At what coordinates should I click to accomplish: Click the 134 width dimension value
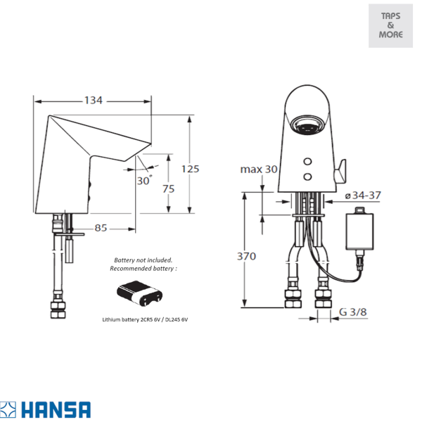click(94, 101)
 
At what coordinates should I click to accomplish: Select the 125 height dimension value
click(191, 169)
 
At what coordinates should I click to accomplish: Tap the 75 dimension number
click(169, 188)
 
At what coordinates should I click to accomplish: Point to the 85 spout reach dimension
click(101, 228)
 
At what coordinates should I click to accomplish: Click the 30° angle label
click(144, 180)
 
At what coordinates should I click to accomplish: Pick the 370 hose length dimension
click(246, 256)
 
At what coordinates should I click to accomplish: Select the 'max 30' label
click(259, 170)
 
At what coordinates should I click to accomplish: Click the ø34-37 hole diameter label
click(363, 196)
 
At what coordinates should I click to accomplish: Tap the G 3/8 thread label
click(353, 312)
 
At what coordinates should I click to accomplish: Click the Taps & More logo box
click(390, 25)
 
